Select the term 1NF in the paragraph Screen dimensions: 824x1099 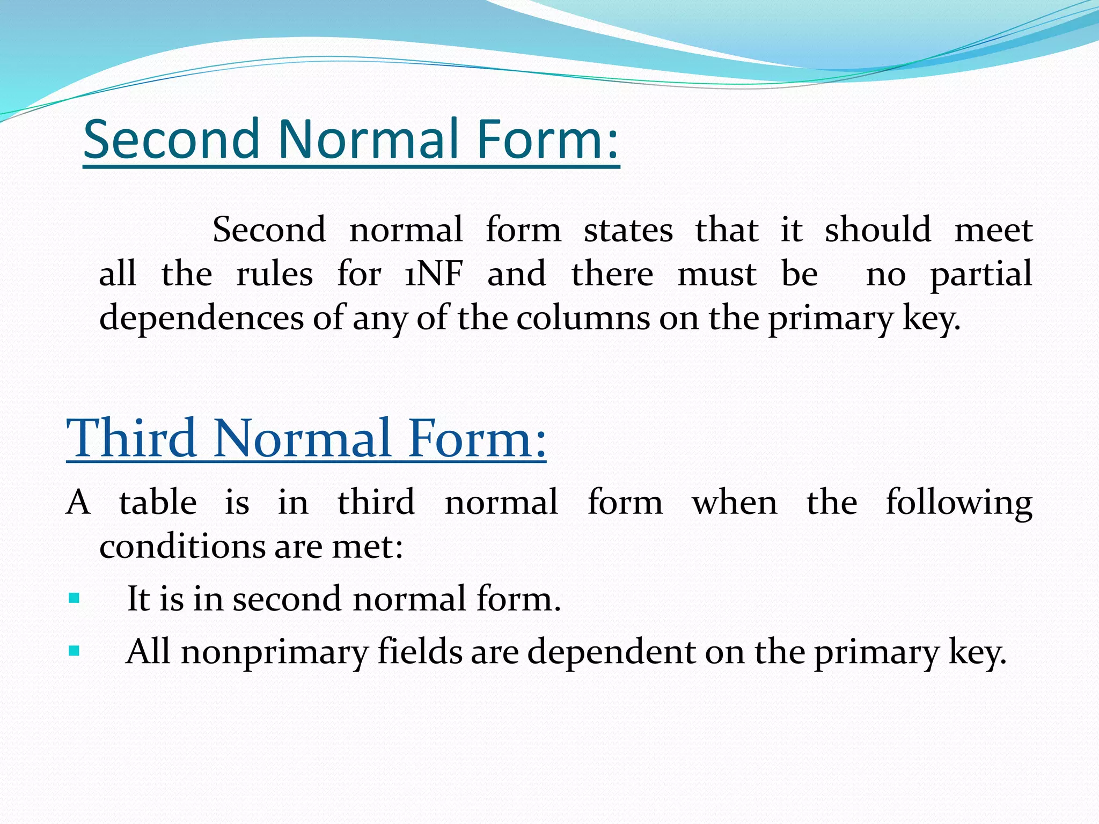point(434,274)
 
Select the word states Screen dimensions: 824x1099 point(628,230)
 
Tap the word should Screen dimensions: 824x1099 point(877,230)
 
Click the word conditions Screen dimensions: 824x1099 point(181,547)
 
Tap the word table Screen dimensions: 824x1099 point(158,503)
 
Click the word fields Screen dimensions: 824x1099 point(420,652)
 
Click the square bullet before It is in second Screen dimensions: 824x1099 point(74,598)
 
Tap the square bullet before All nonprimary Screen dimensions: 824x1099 point(74,652)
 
